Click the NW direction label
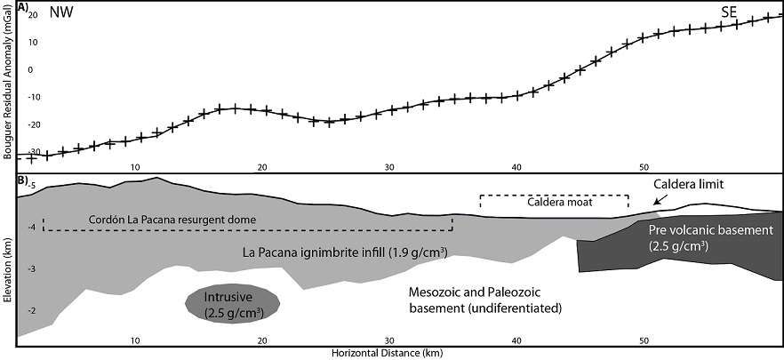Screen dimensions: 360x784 click(61, 13)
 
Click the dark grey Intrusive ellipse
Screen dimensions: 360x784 click(233, 302)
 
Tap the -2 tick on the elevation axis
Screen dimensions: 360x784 click(31, 310)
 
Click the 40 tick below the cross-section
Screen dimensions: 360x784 click(516, 340)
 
